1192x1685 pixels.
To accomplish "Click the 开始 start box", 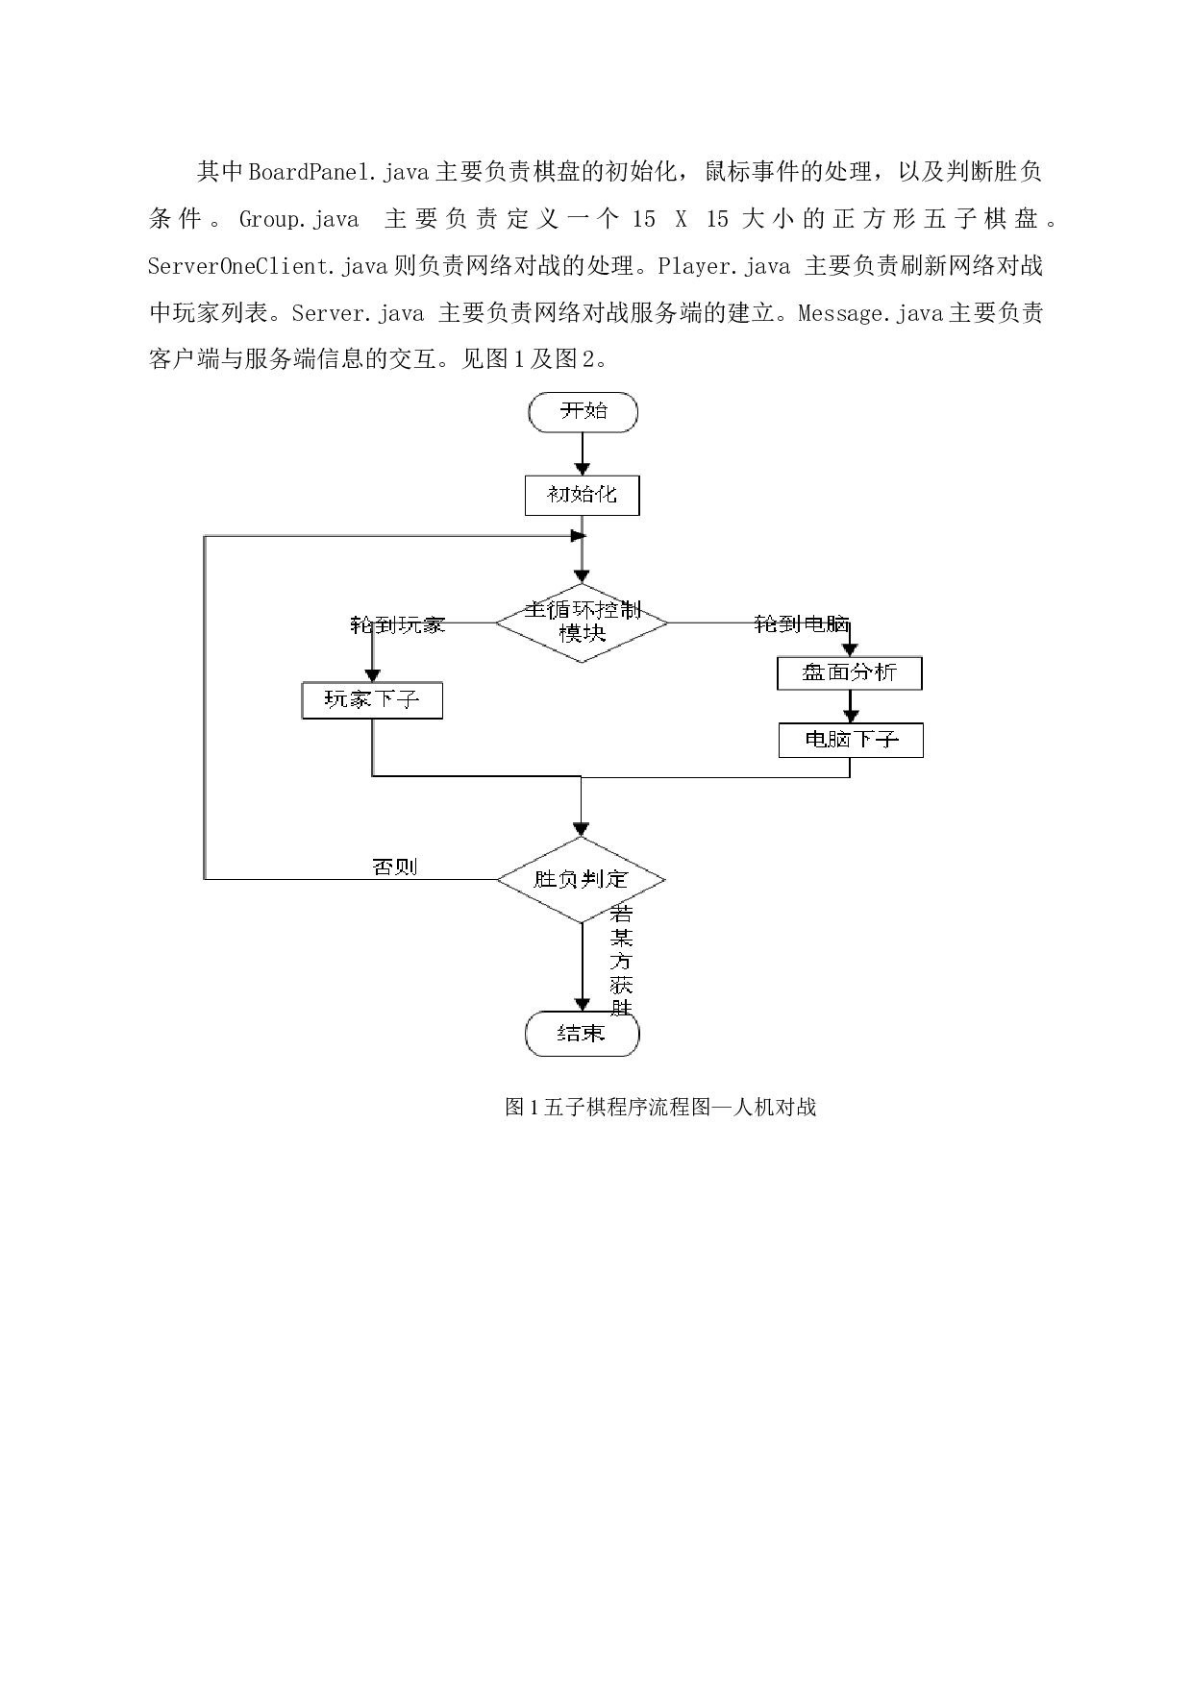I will coord(583,411).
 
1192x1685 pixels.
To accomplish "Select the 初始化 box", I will coord(582,495).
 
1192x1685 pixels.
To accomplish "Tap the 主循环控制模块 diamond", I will coord(582,623).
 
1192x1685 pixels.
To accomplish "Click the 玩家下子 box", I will coord(372,699).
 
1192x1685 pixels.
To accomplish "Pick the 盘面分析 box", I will coord(849,672).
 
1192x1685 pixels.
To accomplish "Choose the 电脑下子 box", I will coord(851,740).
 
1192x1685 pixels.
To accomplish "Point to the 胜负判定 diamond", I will coord(581,879).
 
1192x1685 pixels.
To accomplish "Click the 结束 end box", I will coord(582,1034).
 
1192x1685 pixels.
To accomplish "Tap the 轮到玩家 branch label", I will coord(397,624).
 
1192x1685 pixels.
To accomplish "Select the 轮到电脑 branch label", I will coord(802,624).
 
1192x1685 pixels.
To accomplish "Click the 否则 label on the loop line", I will coord(395,867).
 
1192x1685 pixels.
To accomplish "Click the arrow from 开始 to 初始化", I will coord(583,453).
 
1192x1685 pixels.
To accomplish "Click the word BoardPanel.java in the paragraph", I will coord(340,173).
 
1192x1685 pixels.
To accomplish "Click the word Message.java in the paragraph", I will coord(872,313).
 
